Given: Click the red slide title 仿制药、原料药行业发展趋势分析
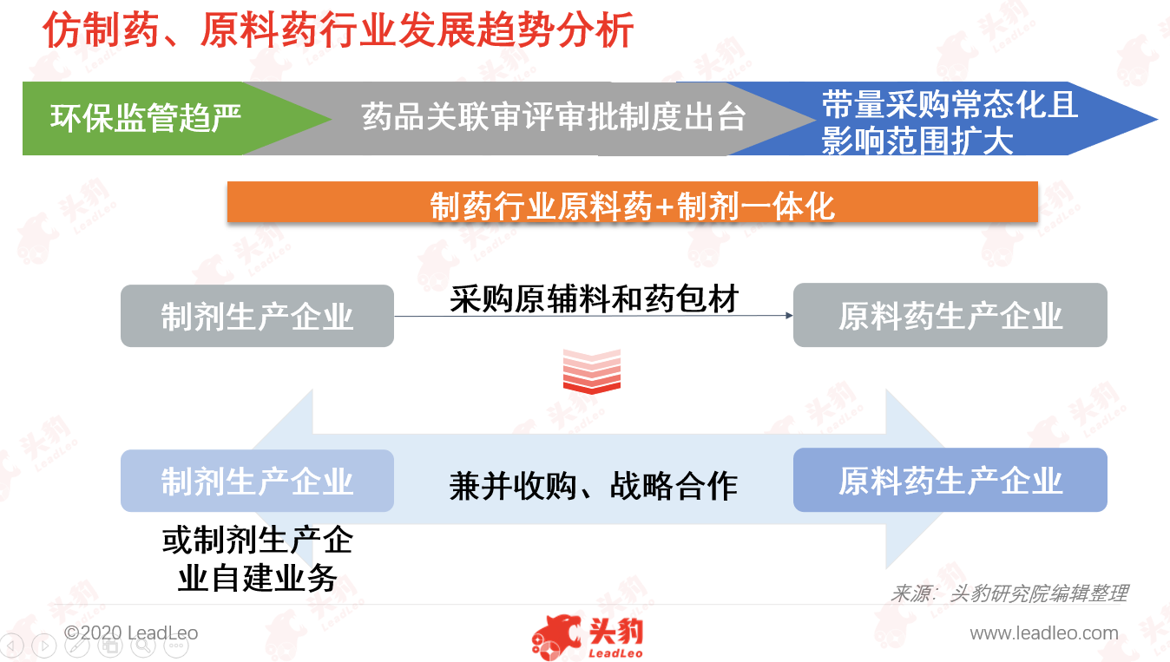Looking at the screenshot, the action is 339,30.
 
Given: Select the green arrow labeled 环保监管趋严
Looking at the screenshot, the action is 157,119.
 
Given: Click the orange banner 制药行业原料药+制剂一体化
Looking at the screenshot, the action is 633,202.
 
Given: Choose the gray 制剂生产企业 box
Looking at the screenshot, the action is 257,316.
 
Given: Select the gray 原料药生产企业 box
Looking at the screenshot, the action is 950,315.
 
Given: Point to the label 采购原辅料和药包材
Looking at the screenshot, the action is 594,299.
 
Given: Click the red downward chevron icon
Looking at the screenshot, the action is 592,371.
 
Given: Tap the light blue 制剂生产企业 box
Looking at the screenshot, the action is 257,481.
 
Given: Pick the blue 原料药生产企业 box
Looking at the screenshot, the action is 950,481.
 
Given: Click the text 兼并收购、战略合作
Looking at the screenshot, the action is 594,486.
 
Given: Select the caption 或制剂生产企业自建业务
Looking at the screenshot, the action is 258,559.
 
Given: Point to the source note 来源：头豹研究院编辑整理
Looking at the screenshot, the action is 1009,593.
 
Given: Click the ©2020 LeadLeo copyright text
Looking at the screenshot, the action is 130,633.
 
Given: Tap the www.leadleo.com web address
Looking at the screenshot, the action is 1043,633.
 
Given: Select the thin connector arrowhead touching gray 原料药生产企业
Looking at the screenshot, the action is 789,315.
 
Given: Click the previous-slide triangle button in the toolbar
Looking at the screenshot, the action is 11,646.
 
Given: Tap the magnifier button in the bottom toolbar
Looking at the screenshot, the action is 142,646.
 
